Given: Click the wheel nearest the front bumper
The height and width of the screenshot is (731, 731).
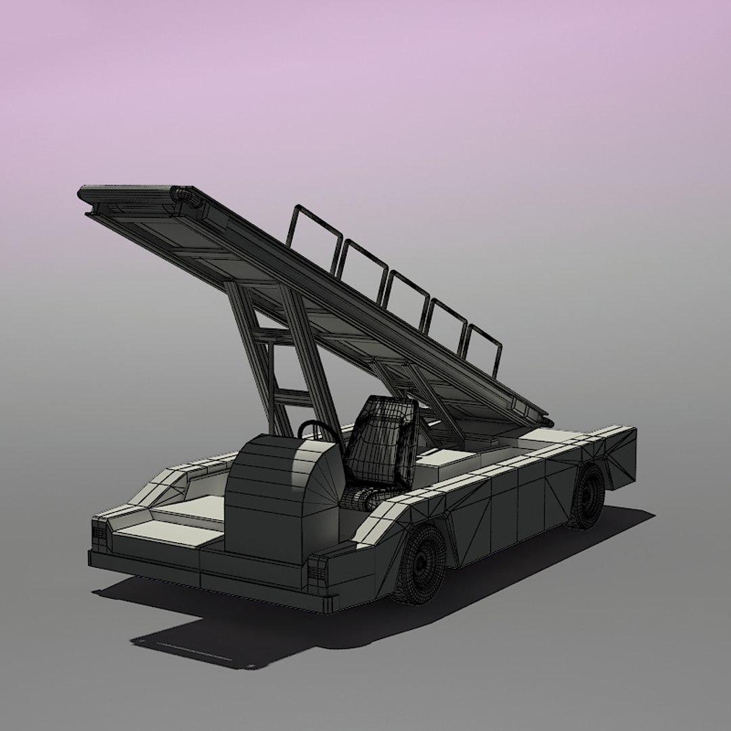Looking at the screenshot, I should pyautogui.click(x=420, y=564).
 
